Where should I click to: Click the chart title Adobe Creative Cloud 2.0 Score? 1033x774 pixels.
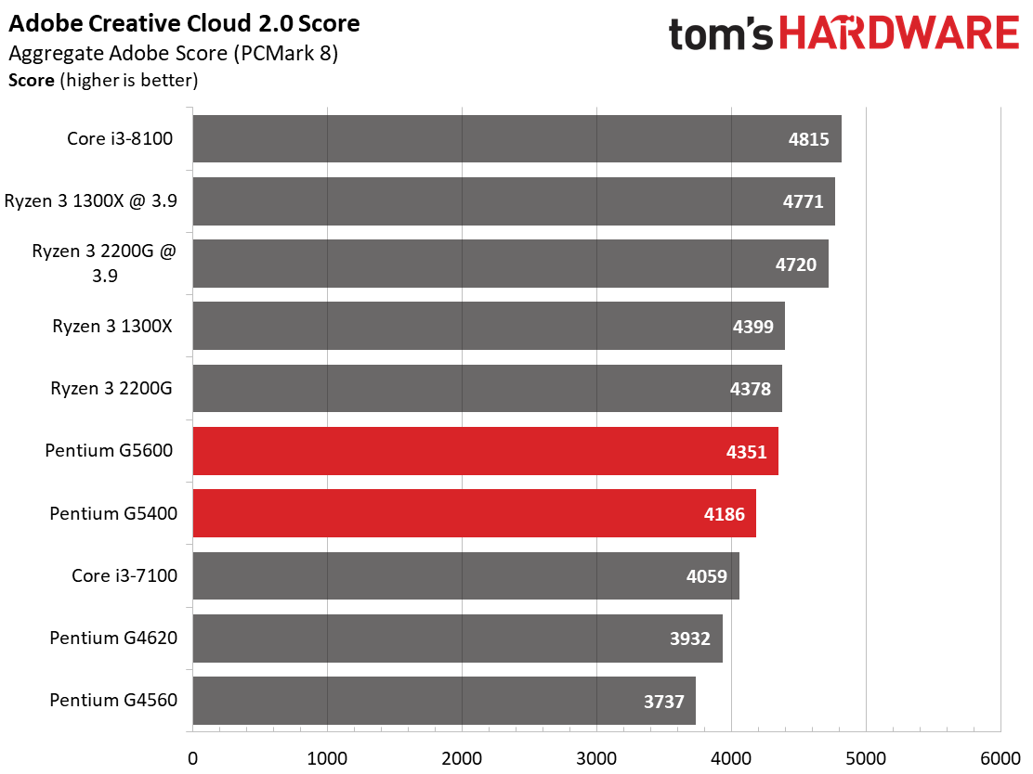coord(184,23)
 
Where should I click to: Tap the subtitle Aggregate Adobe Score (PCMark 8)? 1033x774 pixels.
coord(172,54)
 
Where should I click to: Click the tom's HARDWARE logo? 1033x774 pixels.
coord(843,34)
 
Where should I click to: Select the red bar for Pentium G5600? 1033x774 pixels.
coord(485,451)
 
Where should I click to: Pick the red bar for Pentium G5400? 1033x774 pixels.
coord(474,513)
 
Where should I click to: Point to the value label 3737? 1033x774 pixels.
coord(662,701)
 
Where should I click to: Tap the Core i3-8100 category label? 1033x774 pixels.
coord(120,139)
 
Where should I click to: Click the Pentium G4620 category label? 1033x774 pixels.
coord(113,638)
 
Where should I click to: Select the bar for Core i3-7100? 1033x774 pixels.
coord(465,575)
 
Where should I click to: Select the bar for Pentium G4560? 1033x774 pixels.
coord(443,701)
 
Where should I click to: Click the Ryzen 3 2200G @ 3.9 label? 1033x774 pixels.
coord(103,264)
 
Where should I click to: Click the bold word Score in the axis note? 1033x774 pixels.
coord(32,81)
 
